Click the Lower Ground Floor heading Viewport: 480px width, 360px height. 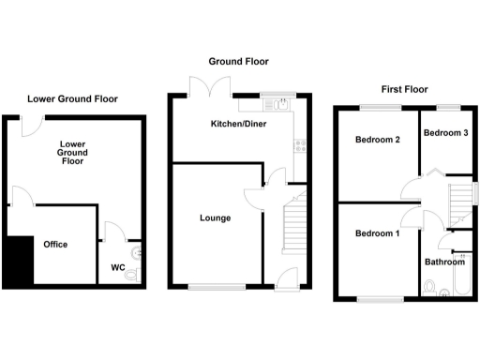[73, 97]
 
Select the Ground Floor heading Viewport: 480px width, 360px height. [238, 61]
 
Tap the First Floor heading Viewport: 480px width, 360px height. [403, 89]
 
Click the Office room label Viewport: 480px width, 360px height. [55, 245]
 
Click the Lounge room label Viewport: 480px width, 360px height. [215, 218]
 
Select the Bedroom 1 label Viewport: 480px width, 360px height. [376, 232]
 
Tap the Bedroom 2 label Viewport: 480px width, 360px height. [378, 141]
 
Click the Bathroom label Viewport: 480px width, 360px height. [443, 262]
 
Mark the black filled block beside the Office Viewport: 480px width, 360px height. [17, 262]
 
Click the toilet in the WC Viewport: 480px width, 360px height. [139, 251]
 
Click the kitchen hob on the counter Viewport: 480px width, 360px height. [301, 144]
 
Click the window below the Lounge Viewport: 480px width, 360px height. [217, 285]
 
